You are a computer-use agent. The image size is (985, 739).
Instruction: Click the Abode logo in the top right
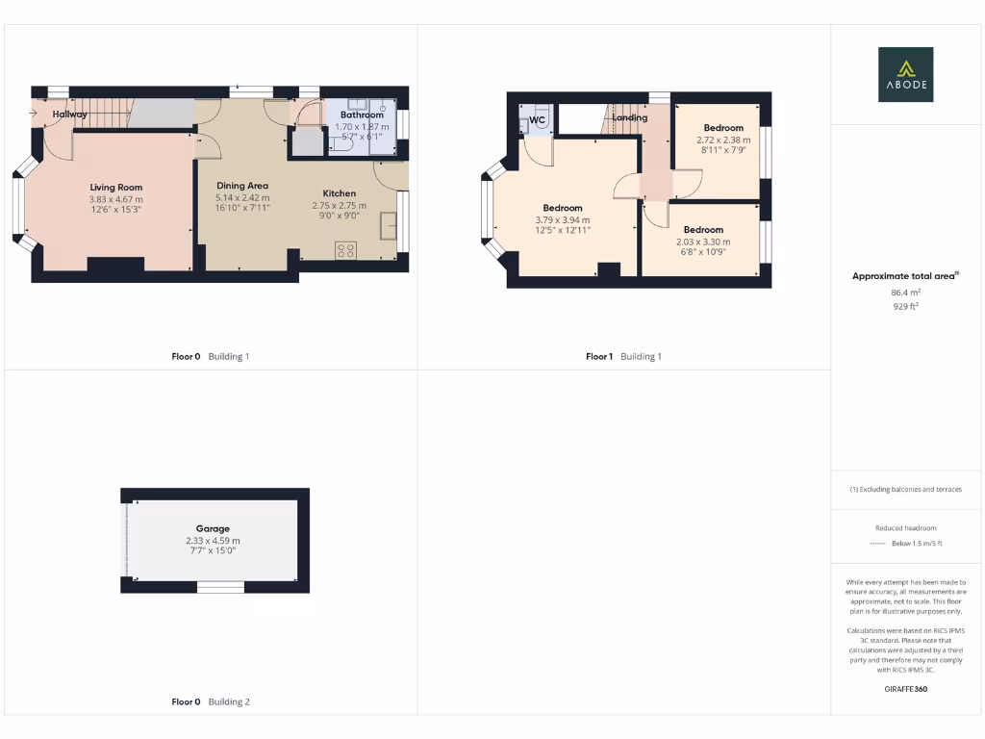point(904,75)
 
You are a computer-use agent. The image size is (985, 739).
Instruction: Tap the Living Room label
point(116,188)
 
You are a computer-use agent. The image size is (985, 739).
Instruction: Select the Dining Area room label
point(241,186)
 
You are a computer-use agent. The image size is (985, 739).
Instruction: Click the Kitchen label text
point(339,193)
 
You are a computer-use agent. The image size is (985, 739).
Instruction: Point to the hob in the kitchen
point(345,249)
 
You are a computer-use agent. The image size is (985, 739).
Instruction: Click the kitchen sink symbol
point(389,226)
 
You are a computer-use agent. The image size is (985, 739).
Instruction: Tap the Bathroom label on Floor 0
point(362,115)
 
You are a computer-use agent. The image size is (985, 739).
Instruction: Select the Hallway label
point(69,115)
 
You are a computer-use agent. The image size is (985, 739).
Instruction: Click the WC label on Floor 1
point(537,120)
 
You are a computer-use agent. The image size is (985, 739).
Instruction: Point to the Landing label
point(630,117)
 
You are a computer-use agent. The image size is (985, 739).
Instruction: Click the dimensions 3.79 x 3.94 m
point(563,219)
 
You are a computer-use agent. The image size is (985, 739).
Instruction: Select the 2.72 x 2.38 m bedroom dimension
point(723,139)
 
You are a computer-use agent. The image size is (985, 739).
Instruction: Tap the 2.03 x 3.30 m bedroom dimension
point(703,242)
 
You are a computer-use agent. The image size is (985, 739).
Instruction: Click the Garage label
point(213,528)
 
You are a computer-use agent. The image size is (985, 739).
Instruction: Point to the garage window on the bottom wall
point(220,586)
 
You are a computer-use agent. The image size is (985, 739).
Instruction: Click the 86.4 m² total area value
point(905,292)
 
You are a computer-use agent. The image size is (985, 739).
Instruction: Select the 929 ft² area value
point(905,306)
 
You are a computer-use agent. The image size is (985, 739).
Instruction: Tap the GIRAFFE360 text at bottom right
point(905,689)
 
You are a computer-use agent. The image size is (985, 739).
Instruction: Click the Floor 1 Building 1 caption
point(623,357)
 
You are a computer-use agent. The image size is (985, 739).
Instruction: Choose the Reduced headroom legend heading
point(905,528)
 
